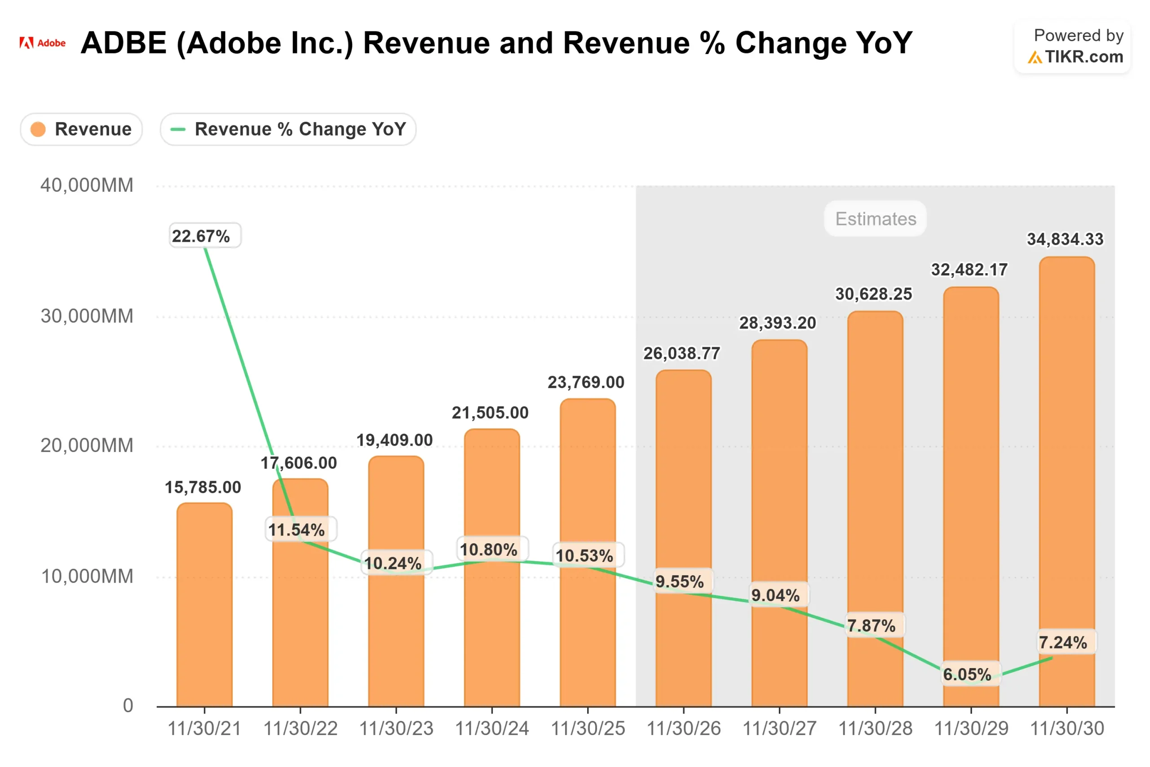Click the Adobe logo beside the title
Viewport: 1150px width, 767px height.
[42, 43]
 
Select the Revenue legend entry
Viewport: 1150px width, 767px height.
[81, 129]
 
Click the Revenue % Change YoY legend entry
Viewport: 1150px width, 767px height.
[288, 129]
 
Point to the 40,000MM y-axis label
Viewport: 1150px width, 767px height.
[87, 186]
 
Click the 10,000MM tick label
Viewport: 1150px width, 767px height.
[87, 576]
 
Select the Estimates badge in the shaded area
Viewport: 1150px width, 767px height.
[875, 219]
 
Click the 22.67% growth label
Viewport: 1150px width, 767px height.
[201, 236]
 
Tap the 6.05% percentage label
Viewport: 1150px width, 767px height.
[967, 674]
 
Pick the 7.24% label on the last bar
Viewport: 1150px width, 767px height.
[1062, 642]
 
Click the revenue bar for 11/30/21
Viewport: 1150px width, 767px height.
[204, 607]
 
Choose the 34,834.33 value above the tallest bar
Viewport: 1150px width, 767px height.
[1065, 239]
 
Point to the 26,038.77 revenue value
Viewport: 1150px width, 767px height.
[681, 353]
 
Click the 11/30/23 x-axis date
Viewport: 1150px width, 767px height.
[396, 729]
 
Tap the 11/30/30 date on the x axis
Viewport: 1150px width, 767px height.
[1067, 729]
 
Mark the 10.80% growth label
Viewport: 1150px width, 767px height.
[488, 550]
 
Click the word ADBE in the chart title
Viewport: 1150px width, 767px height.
[124, 43]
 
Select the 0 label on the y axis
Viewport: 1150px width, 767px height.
[128, 706]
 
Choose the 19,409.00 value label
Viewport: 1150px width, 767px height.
[394, 440]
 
